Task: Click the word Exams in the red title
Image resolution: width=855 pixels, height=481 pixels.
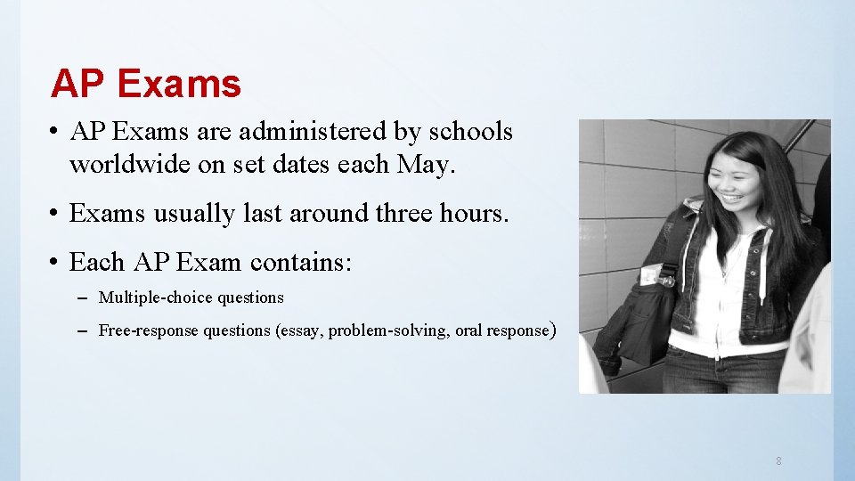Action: (178, 85)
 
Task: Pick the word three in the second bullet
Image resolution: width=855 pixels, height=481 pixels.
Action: (407, 214)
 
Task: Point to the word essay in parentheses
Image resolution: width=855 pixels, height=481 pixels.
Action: (302, 330)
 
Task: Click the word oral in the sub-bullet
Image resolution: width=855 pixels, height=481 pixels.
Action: (469, 330)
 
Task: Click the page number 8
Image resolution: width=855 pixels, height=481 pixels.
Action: (779, 461)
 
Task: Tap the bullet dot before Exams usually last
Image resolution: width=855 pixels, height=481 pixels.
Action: (55, 215)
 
